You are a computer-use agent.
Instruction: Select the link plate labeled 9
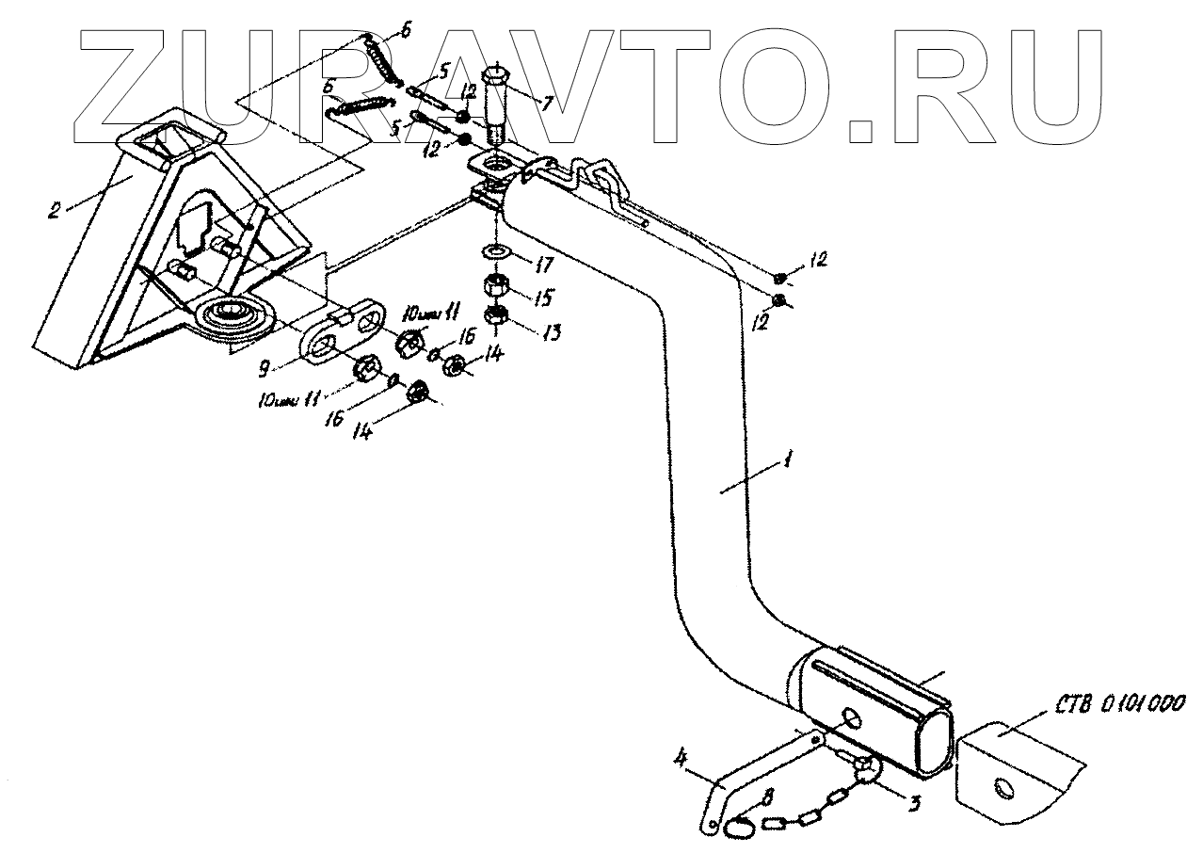click(x=342, y=331)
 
